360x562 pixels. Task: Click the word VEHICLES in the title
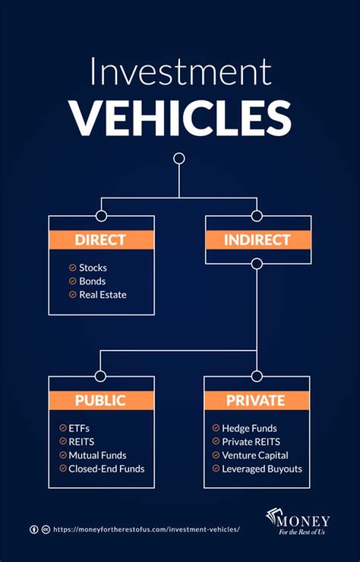pos(180,116)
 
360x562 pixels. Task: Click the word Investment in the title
pos(180,72)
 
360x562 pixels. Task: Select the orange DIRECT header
pos(100,240)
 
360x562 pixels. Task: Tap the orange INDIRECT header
pos(257,240)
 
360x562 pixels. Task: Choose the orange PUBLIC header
pos(100,400)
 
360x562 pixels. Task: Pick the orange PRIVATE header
pos(255,400)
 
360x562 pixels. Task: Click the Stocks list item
pos(92,268)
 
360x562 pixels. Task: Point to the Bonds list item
pos(92,281)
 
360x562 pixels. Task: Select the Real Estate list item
pos(102,295)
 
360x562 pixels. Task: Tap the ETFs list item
pos(79,428)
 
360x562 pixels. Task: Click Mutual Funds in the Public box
pos(97,455)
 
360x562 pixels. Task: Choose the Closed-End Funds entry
pos(106,469)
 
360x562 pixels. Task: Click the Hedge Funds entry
pos(249,428)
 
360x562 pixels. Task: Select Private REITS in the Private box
pos(250,442)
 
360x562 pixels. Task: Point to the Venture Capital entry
pos(254,455)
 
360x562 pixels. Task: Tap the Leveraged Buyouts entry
pos(261,469)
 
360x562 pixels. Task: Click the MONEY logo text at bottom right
pos(304,521)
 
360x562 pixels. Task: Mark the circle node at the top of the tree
pos(179,159)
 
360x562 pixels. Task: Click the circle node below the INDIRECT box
pos(257,264)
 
